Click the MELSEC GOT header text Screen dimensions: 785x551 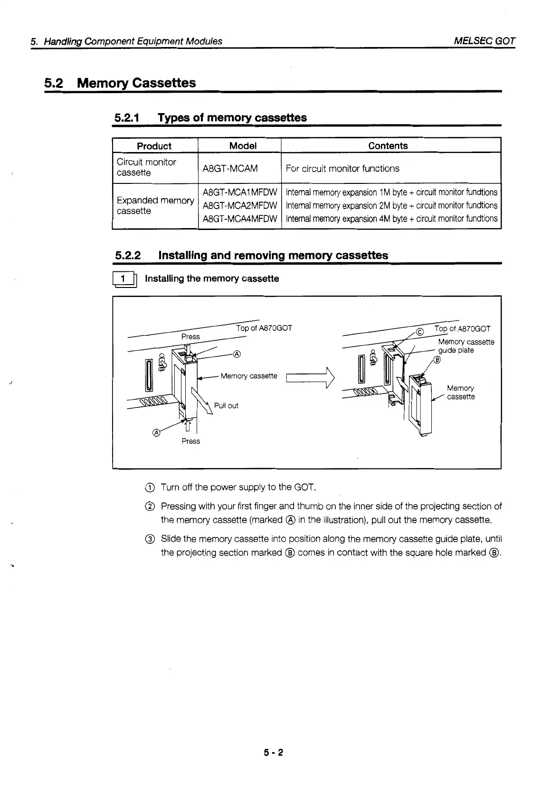484,41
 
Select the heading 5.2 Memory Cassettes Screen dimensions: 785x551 120,83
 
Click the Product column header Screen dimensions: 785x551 154,146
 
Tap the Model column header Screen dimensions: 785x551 242,146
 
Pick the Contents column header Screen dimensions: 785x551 388,146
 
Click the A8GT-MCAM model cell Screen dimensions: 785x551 230,168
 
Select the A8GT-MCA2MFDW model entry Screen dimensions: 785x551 239,206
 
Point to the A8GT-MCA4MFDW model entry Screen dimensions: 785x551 239,219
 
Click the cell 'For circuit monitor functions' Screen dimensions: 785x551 342,168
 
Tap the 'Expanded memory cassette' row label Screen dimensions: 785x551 155,206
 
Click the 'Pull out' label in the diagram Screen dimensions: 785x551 226,406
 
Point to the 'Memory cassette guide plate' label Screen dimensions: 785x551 465,346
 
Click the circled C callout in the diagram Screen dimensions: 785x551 419,332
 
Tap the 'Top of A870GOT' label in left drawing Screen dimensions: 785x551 264,328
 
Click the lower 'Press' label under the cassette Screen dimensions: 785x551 190,441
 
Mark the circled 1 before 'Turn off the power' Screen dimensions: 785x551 149,488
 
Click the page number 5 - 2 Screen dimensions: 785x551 274,753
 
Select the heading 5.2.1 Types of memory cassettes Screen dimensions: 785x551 210,118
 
